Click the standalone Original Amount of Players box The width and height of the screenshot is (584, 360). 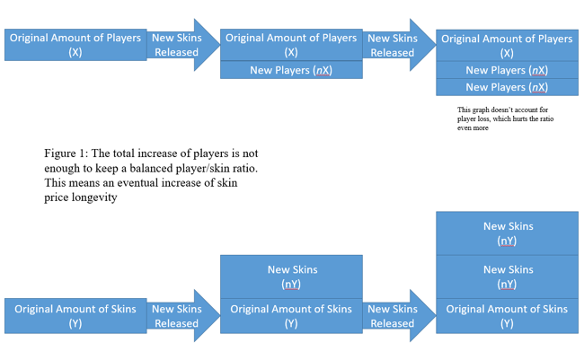[75, 45]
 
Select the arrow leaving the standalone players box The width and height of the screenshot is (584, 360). [181, 45]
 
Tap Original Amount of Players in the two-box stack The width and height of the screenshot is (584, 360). [291, 45]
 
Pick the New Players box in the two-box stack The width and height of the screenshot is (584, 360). [291, 70]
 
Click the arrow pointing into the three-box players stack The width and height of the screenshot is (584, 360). [396, 45]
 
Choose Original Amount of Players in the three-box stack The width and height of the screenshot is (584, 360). [507, 45]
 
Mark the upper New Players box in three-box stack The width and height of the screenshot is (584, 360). [507, 70]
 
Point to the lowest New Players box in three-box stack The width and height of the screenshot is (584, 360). [507, 87]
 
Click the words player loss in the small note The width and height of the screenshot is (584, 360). [476, 119]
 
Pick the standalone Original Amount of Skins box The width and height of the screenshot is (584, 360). [75, 316]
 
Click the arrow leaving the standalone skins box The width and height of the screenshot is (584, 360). [181, 316]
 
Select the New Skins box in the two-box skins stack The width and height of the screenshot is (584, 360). [291, 276]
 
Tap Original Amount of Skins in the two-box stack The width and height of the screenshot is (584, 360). [291, 316]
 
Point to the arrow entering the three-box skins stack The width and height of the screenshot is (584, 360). [396, 316]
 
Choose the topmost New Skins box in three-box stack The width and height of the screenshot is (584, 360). [507, 233]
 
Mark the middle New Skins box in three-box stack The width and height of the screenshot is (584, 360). [507, 276]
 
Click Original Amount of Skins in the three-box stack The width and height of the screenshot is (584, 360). [507, 316]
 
